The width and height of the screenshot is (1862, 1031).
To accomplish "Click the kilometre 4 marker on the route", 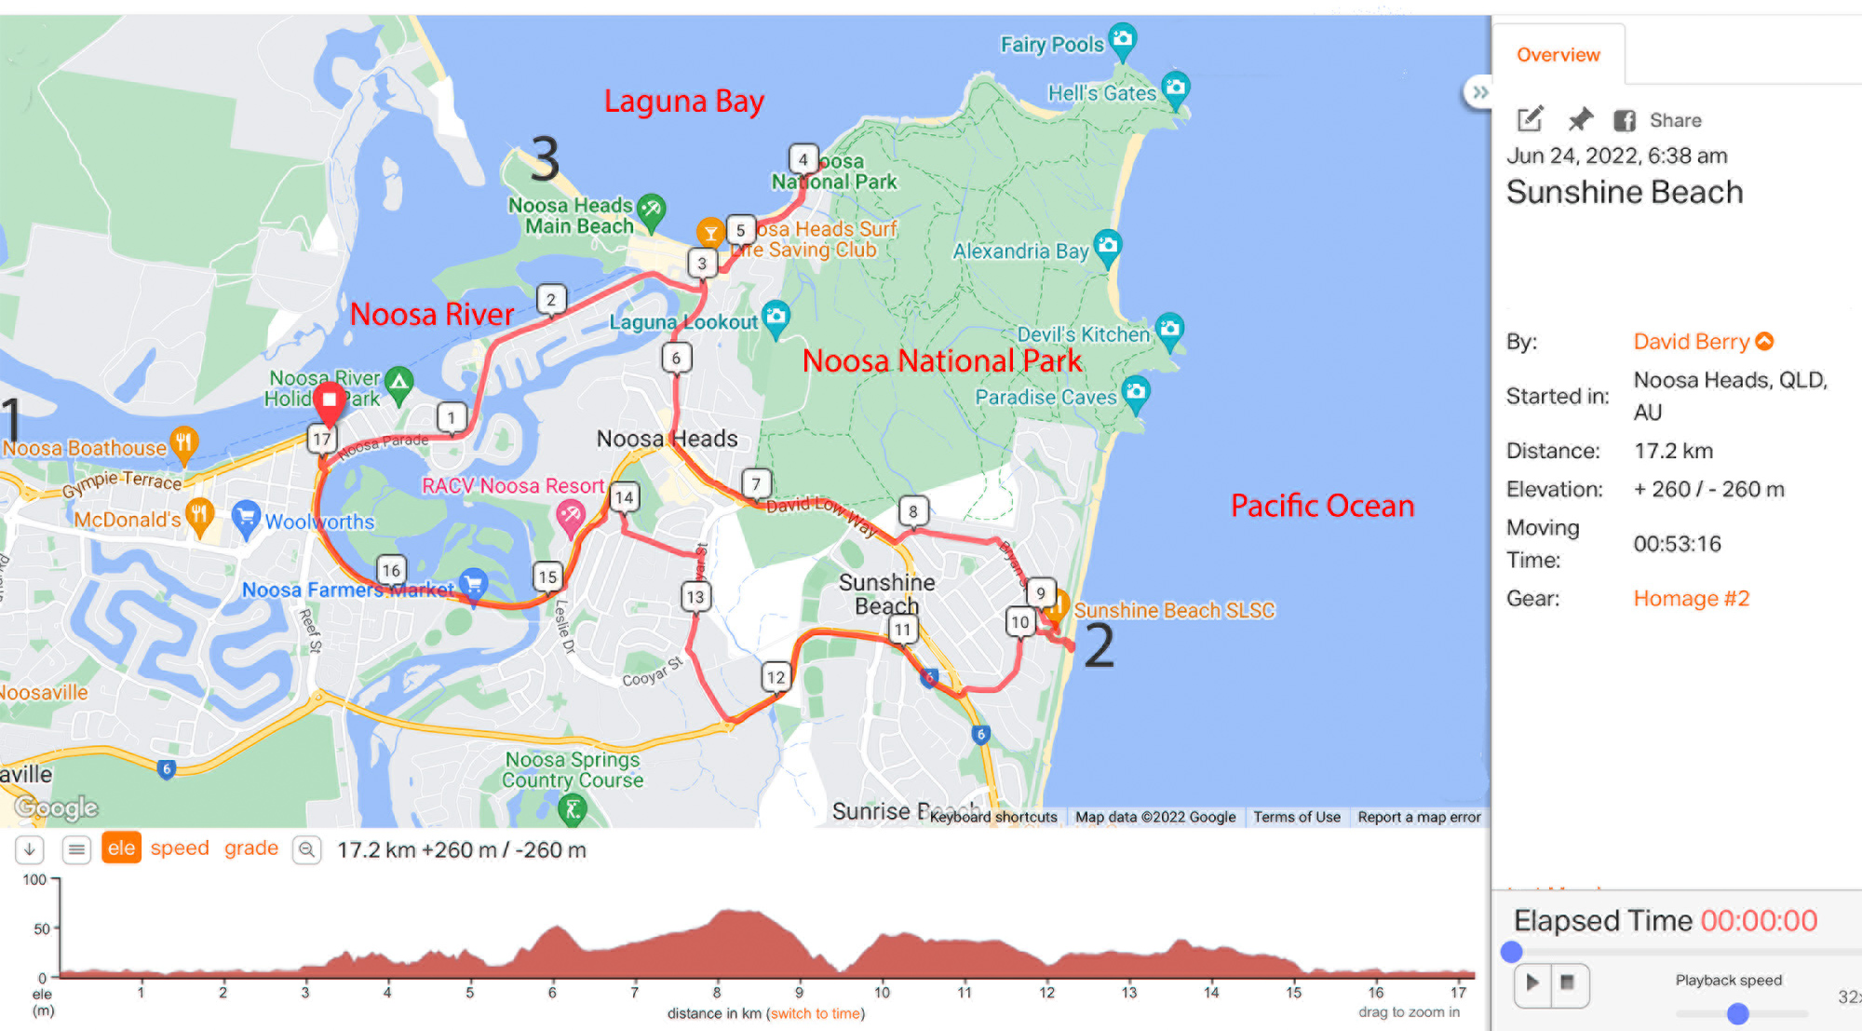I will click(x=803, y=159).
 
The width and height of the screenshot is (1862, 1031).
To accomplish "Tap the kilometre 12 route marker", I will click(x=776, y=677).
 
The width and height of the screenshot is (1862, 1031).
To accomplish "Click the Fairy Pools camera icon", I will click(x=1124, y=39).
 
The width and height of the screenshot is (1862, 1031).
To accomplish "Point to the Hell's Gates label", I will click(x=1101, y=93).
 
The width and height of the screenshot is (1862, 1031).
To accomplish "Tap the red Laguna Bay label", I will click(x=683, y=101).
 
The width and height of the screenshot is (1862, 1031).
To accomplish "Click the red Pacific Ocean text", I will click(x=1322, y=506).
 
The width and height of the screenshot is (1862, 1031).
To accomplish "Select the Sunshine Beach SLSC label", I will click(x=1174, y=610).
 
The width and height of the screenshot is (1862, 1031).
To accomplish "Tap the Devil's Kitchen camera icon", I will click(x=1170, y=329).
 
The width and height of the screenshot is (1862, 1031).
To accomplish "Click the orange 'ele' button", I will click(x=121, y=848).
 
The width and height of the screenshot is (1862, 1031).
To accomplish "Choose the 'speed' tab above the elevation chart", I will click(x=180, y=848).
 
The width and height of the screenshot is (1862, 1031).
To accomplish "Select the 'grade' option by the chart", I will click(x=251, y=848).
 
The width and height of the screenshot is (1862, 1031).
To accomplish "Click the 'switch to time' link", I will click(x=816, y=1013).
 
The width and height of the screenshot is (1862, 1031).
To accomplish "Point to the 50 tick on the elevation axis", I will click(x=42, y=929).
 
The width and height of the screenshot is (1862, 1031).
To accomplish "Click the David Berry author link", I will click(x=1691, y=342).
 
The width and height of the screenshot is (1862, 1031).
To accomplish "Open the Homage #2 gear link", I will click(x=1691, y=598).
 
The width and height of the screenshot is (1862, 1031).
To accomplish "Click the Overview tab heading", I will click(x=1558, y=55).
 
